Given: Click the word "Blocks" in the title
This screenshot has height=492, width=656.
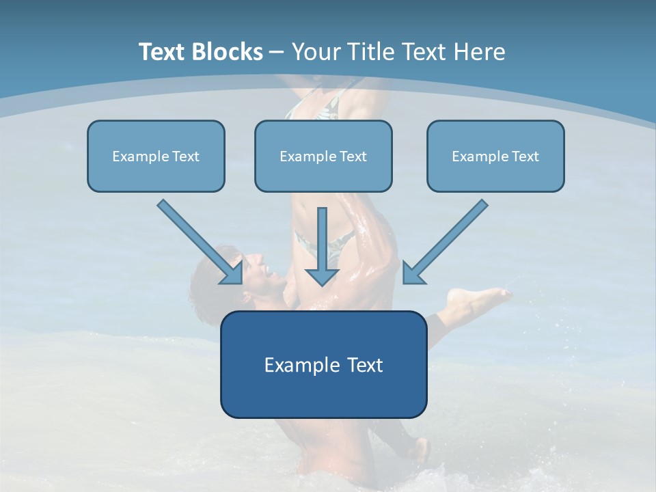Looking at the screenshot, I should [x=229, y=52].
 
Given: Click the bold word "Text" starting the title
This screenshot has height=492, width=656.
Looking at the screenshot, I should [x=165, y=52].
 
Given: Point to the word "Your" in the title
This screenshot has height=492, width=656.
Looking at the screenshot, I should [x=318, y=52].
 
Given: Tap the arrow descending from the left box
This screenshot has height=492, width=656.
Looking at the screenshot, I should [x=198, y=241].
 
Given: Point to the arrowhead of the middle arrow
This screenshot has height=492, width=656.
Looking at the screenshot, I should [x=323, y=276].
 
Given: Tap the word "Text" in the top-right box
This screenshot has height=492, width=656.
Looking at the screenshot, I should [x=525, y=156].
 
